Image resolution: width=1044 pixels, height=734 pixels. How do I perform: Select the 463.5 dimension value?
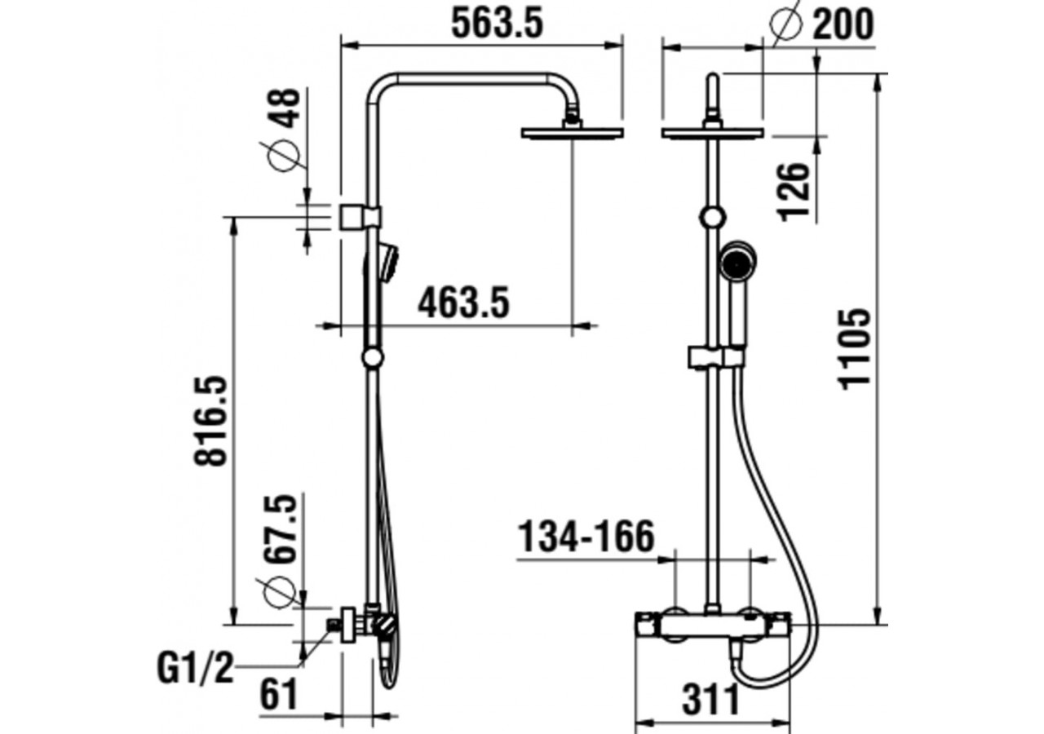point(463,303)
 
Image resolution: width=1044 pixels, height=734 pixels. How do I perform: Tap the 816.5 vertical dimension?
point(210,421)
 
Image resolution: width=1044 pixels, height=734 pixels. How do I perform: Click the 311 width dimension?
point(710,700)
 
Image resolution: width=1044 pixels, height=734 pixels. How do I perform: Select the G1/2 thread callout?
point(195,670)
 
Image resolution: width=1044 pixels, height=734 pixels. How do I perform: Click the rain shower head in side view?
point(572,132)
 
